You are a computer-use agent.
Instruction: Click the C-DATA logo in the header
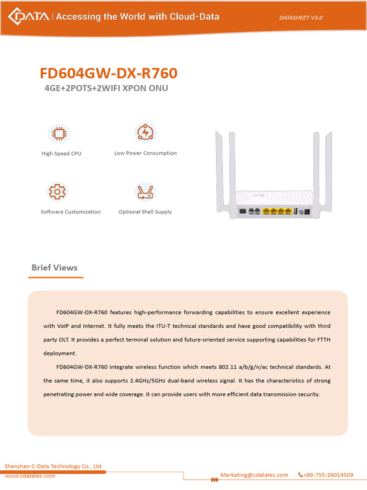tap(28, 17)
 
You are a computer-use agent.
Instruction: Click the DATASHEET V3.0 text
tap(301, 18)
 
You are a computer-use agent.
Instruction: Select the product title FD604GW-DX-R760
tap(108, 73)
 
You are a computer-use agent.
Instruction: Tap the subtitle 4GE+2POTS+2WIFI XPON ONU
tap(106, 89)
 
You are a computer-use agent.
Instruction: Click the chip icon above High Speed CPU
tap(59, 134)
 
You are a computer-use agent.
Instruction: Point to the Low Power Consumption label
tap(145, 153)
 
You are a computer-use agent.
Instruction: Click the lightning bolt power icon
tap(144, 132)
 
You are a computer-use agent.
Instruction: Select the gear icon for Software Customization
tap(57, 192)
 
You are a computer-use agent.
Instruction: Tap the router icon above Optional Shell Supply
tap(145, 192)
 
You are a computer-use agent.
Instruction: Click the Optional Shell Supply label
tap(145, 212)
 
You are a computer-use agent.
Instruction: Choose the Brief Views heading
tap(54, 267)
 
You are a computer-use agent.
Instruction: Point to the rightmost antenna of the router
tap(329, 170)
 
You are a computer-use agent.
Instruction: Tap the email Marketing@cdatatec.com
tap(254, 475)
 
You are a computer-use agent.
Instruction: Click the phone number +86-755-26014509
tap(328, 475)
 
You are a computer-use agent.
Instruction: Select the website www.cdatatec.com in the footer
tap(30, 476)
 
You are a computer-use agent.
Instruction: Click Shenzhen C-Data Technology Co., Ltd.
tap(54, 466)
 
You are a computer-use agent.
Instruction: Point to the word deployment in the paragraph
tap(60, 353)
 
